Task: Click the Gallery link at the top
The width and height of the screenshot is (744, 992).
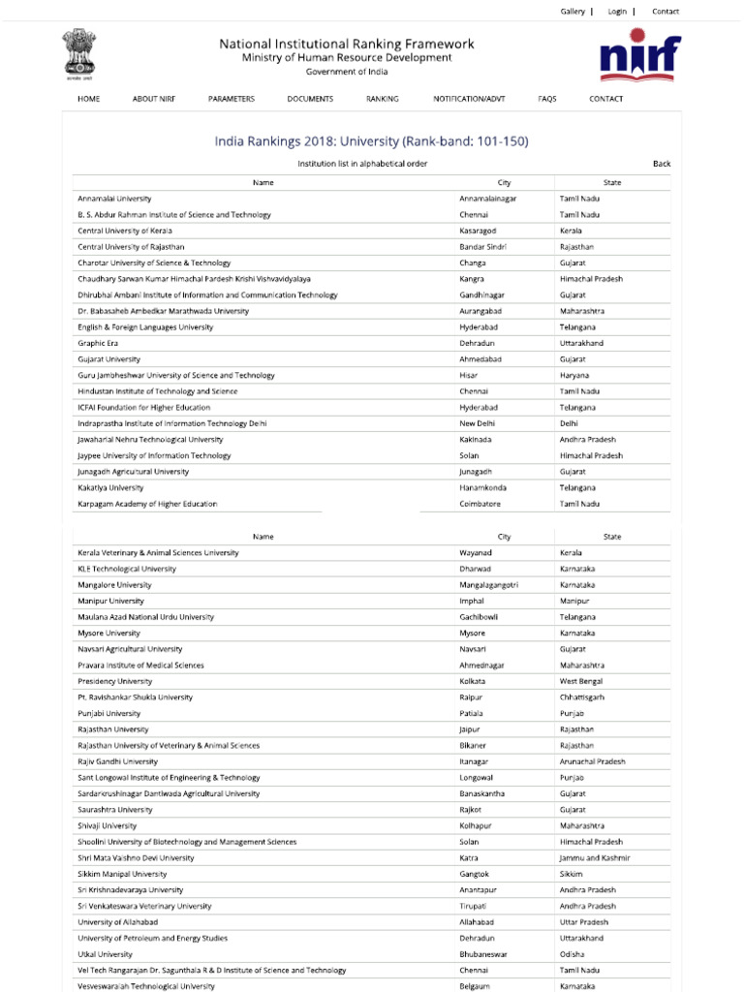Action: [573, 12]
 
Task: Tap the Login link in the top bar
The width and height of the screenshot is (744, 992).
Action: [617, 12]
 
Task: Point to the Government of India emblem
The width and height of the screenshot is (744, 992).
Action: [75, 52]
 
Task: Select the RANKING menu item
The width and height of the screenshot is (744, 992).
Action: [382, 99]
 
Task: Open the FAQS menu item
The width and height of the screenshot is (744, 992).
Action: [547, 99]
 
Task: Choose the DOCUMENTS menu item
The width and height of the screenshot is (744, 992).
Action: [310, 99]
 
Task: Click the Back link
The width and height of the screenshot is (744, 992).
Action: [662, 164]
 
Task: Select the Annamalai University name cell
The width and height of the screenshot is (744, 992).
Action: [114, 199]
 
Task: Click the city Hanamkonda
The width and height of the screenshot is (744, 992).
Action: [482, 488]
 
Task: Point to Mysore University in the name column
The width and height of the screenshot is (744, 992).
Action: [108, 634]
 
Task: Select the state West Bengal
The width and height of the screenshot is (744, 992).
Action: [582, 681]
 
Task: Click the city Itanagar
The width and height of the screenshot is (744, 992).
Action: [476, 761]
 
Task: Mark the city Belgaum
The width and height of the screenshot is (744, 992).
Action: [475, 986]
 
